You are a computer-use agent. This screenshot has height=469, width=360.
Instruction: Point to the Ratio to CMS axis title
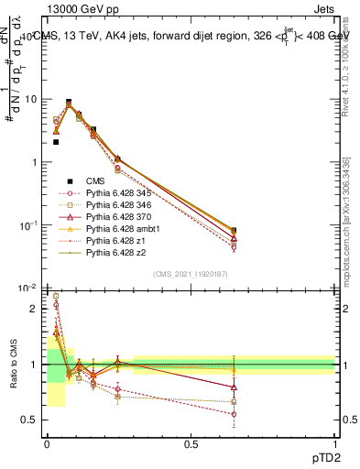12,377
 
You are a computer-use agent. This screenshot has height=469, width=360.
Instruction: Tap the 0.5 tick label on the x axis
191,444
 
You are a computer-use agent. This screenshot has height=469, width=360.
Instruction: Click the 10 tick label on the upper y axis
30,99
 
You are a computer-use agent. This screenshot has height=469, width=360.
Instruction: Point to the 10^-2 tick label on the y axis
27,289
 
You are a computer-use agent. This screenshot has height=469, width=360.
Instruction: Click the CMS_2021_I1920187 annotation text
191,274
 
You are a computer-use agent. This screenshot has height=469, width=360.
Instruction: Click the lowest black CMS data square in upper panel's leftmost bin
56,142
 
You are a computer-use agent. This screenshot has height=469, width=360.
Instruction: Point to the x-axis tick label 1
334,444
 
